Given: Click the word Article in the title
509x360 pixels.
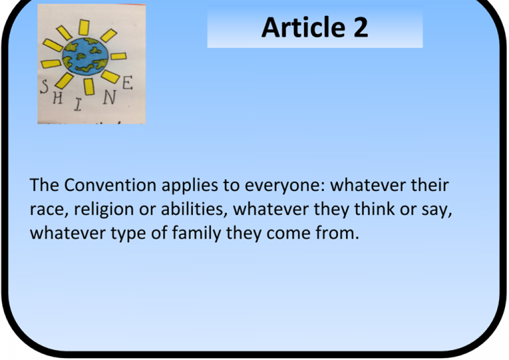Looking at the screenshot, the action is coord(303,27).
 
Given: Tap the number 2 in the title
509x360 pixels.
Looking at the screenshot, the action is coord(361,27).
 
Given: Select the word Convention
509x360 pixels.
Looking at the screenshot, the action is coord(110,185).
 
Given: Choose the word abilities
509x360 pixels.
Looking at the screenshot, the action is coord(194,209).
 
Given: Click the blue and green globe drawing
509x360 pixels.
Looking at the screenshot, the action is coord(85,57).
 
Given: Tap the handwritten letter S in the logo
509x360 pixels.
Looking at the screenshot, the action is coord(44,87).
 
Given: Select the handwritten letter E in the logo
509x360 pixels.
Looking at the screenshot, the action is coord(127,83).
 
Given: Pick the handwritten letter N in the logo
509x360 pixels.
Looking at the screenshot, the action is coord(109,97).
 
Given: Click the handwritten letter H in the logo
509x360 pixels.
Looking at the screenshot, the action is coord(58,97).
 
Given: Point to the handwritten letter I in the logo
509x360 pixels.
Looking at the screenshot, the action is coord(78,105).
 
